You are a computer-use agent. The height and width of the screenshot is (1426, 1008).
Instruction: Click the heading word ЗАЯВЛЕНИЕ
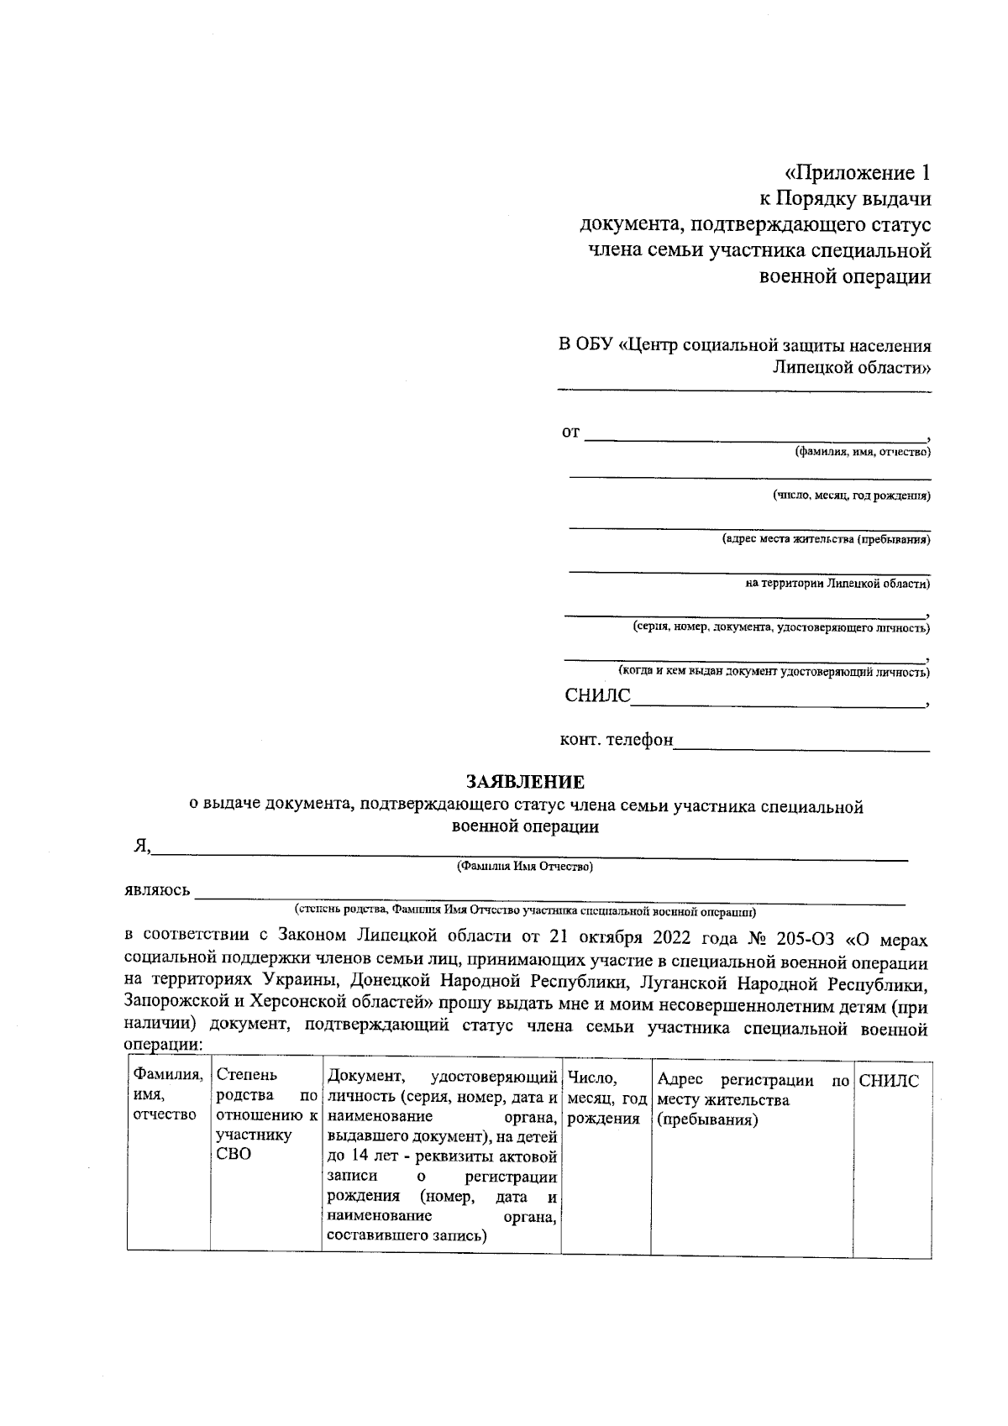[x=525, y=783]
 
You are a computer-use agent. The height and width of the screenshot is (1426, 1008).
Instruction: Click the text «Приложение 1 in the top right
[x=857, y=174]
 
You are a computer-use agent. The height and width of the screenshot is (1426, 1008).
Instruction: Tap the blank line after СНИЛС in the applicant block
[x=777, y=704]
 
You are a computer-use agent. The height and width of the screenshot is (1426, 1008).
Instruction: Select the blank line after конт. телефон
[x=802, y=747]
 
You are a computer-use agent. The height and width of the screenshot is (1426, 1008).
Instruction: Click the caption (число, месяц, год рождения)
[x=851, y=496]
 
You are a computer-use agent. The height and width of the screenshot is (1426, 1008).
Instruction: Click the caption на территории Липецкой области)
[x=837, y=584]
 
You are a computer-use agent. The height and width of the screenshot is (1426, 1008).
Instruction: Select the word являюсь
[x=156, y=891]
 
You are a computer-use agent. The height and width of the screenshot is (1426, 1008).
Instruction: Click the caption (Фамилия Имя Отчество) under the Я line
[x=524, y=867]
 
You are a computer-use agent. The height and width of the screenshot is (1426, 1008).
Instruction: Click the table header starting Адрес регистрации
[x=751, y=1099]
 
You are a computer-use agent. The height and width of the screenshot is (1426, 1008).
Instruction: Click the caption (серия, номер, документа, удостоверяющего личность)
[x=780, y=627]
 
